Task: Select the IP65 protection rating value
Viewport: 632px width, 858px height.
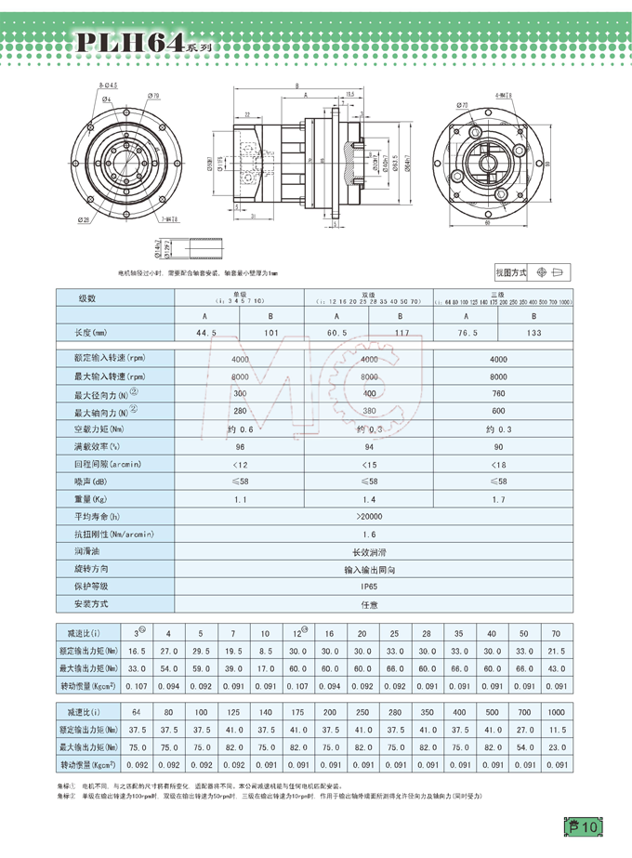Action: click(369, 587)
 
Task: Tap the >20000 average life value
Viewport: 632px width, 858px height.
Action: click(369, 516)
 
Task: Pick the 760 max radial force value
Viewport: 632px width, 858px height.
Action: click(498, 394)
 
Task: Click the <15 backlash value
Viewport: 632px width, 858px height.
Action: click(369, 463)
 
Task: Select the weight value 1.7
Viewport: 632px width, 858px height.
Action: click(498, 499)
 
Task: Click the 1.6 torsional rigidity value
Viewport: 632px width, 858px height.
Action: click(369, 535)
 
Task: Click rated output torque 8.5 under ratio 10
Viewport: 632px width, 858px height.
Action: click(265, 651)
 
